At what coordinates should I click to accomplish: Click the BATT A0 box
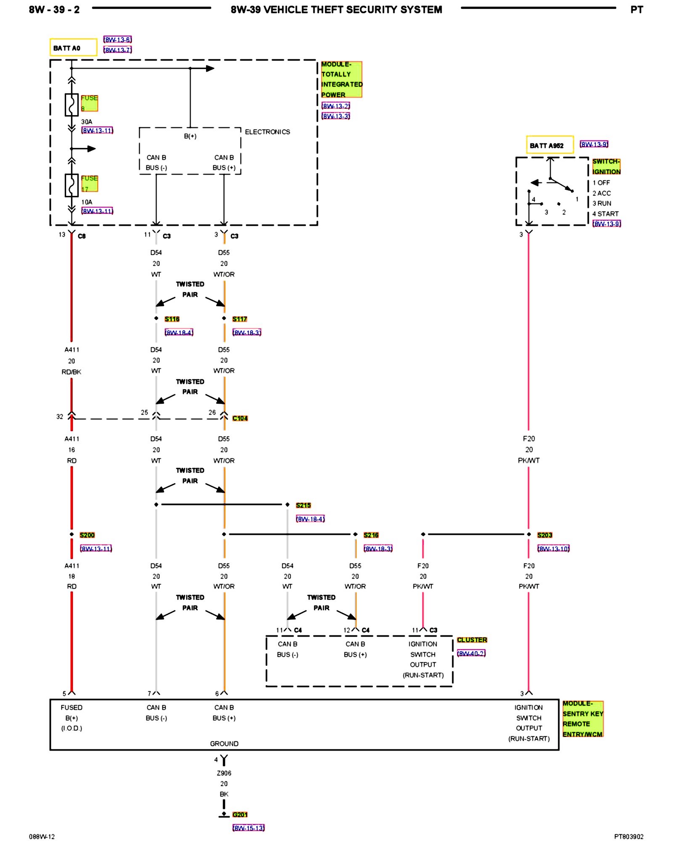[73, 48]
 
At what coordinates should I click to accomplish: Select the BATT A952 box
[549, 145]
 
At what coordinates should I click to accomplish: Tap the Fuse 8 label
[89, 103]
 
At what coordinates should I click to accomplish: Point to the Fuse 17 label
[89, 183]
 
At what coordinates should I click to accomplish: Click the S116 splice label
[172, 319]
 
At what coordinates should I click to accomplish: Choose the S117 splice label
[240, 319]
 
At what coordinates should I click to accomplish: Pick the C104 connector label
[240, 418]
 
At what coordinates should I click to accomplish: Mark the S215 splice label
[303, 505]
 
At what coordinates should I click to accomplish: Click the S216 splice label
[371, 535]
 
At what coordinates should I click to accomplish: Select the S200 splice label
[87, 535]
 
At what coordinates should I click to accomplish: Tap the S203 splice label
[545, 535]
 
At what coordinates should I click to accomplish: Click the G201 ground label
[240, 815]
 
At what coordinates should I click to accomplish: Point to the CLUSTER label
[472, 640]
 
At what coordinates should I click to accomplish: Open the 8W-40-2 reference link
[471, 653]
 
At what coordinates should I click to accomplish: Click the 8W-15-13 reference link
[248, 828]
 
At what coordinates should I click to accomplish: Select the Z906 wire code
[224, 773]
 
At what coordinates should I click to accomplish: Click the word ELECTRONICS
[268, 132]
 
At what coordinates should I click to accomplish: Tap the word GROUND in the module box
[224, 743]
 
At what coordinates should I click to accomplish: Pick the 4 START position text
[605, 214]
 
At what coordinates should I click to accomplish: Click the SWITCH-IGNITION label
[606, 167]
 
